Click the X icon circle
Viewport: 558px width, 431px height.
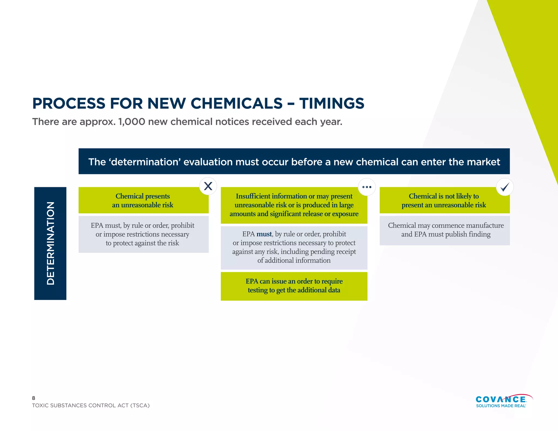[x=208, y=186]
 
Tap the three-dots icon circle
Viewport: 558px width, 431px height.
[x=367, y=187]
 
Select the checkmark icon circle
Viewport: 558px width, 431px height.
[x=505, y=187]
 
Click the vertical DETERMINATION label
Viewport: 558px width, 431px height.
[x=50, y=243]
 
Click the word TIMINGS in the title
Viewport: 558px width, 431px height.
[x=332, y=104]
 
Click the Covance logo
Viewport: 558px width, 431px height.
[x=501, y=399]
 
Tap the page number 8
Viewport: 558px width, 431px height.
[x=34, y=398]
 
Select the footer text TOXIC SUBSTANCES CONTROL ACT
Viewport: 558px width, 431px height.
[x=91, y=405]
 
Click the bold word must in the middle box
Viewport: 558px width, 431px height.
[x=264, y=234]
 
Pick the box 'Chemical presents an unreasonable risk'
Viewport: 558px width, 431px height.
[x=143, y=200]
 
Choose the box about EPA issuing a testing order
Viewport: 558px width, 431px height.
[x=294, y=286]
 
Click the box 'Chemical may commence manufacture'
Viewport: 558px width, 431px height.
[x=445, y=230]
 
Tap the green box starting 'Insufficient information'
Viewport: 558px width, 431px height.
[x=294, y=205]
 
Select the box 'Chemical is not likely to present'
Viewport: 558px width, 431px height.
[x=445, y=200]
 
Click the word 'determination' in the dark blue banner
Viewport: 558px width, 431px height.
[x=145, y=162]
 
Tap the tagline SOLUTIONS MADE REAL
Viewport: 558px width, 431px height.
[x=501, y=406]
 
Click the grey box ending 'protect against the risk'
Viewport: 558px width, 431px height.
[x=143, y=234]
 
